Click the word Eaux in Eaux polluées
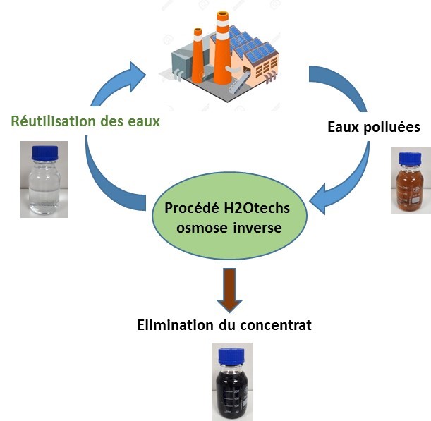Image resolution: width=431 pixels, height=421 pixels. point(345,127)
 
